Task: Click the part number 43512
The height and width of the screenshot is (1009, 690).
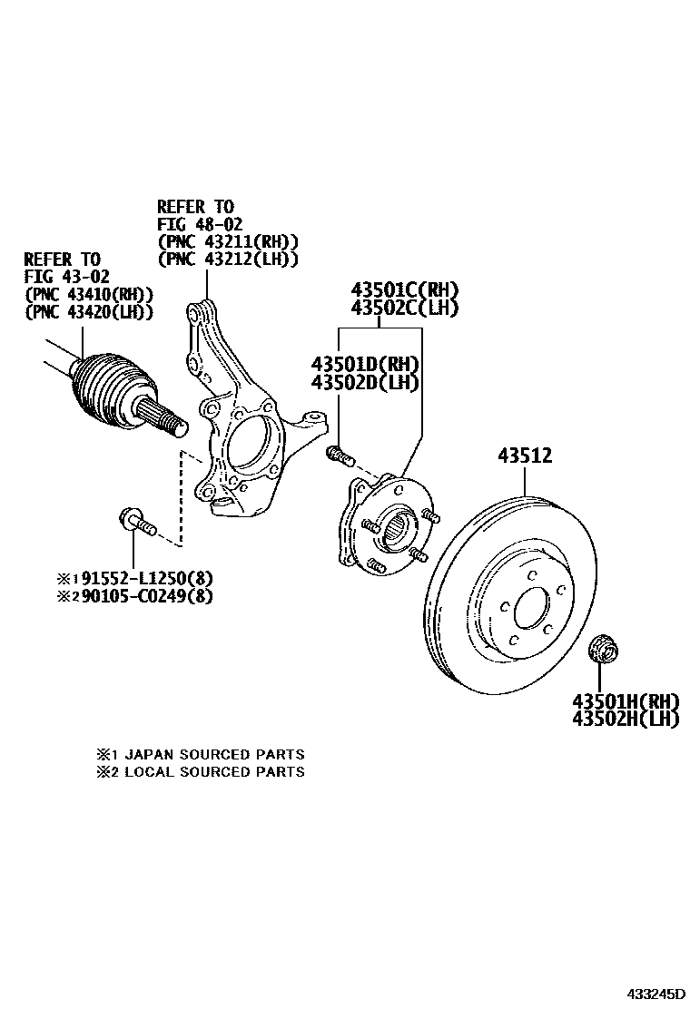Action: [x=524, y=456]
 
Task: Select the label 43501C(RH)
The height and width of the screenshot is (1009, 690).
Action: [x=405, y=291]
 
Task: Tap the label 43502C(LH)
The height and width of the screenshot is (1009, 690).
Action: [x=405, y=309]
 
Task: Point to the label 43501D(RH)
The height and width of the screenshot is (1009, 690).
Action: [x=365, y=365]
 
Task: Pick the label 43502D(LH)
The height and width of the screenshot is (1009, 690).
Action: [x=365, y=382]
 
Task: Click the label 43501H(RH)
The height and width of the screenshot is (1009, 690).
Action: [x=626, y=701]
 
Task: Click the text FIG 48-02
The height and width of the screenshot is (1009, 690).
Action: [x=200, y=224]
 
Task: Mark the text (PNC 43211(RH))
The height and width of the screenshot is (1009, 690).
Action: [x=228, y=241]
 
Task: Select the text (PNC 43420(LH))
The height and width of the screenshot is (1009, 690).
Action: [x=88, y=311]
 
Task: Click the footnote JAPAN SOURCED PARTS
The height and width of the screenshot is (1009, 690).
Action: [x=214, y=754]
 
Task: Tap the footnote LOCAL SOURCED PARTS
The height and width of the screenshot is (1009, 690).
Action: [x=214, y=772]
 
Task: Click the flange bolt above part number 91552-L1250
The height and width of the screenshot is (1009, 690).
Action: [x=137, y=523]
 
